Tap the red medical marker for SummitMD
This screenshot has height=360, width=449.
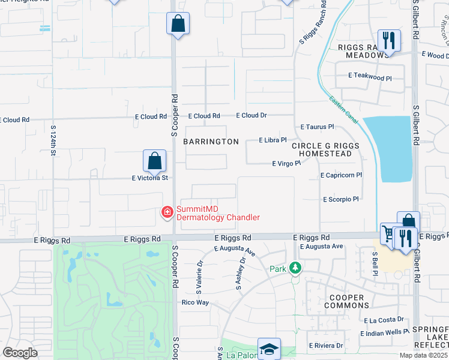(167, 212)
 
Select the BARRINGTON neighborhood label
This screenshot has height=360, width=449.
(211, 142)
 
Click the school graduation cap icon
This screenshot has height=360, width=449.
(269, 348)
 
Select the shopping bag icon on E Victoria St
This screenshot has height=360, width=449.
(154, 161)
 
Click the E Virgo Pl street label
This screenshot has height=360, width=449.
(286, 163)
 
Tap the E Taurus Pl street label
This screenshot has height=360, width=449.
(316, 127)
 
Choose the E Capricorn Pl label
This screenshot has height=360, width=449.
(341, 175)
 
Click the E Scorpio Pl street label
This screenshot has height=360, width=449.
(340, 199)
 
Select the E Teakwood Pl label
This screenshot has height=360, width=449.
(370, 77)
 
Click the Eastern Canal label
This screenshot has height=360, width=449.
(343, 110)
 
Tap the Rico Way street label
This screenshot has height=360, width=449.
(195, 302)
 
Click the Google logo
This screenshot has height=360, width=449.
(20, 353)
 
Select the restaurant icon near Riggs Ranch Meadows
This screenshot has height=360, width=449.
(389, 41)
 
